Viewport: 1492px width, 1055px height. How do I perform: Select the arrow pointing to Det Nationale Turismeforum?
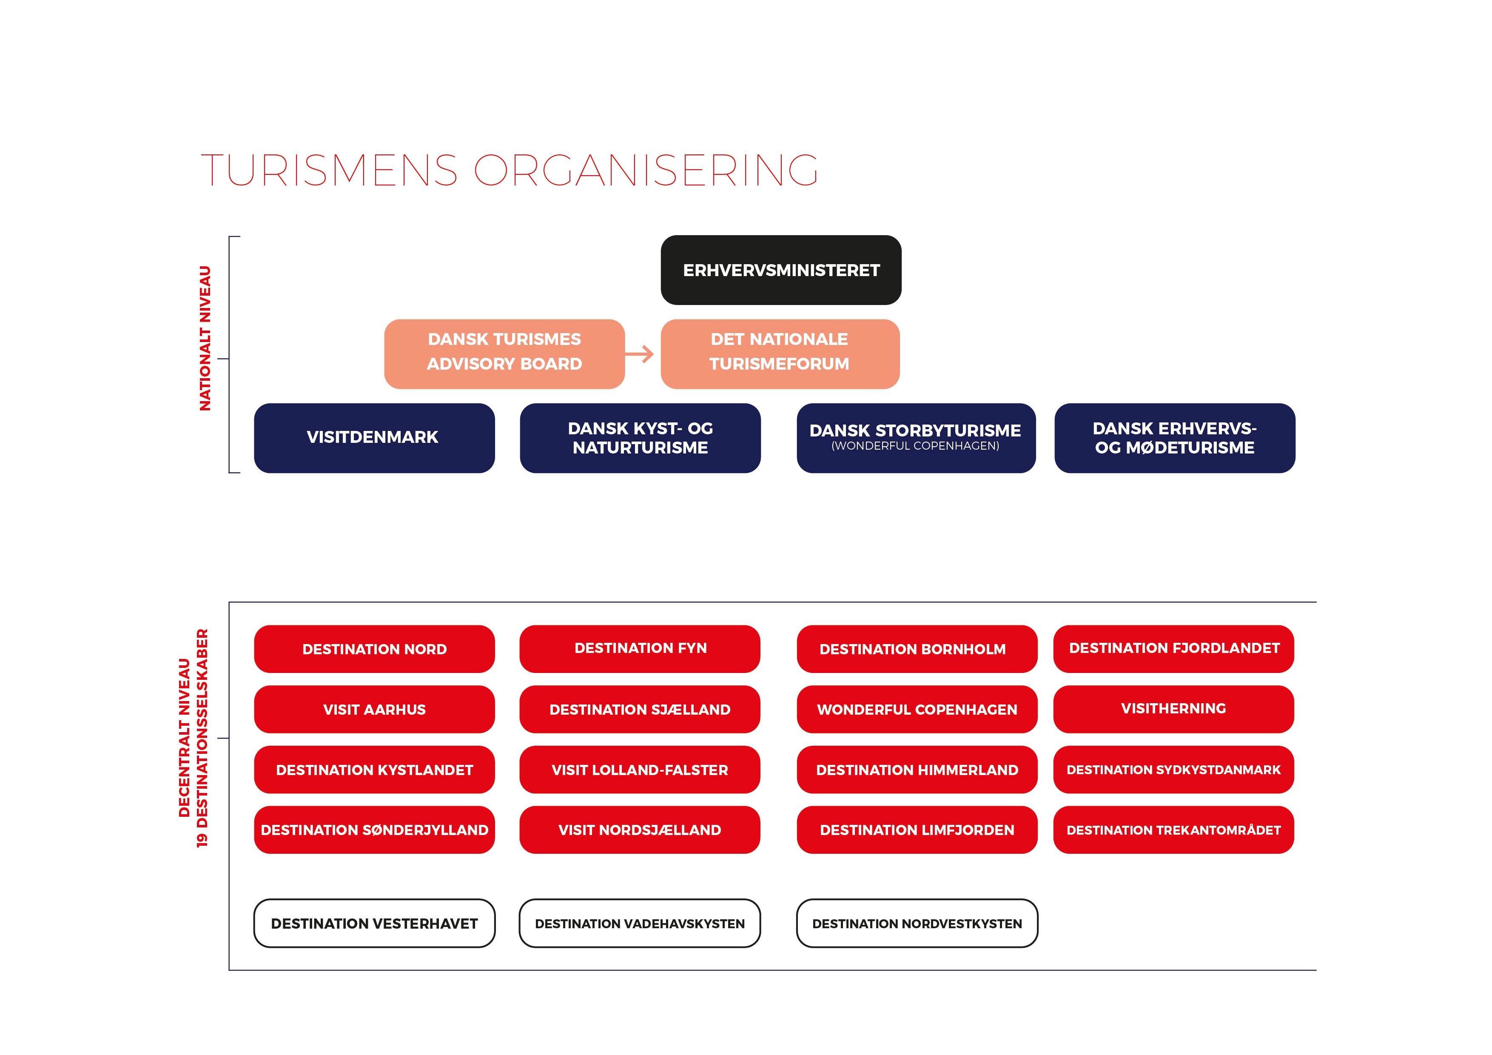coord(639,354)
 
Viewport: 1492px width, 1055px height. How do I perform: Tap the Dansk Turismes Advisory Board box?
coord(504,354)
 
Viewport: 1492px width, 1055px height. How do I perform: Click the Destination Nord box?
coord(374,649)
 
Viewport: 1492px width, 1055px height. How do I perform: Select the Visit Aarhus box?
coord(374,709)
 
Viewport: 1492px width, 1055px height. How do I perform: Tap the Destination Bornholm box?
coord(917,649)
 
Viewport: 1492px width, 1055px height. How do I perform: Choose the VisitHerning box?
coord(1173,709)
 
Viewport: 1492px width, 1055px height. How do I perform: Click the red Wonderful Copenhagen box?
coord(917,709)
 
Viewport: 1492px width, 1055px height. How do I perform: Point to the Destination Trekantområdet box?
coord(1173,830)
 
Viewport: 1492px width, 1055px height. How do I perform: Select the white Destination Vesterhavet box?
coord(374,923)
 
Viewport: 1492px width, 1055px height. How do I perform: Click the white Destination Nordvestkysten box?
coord(917,923)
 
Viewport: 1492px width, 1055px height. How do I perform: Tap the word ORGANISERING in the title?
coord(646,170)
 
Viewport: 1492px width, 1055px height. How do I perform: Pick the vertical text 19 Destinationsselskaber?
coord(202,738)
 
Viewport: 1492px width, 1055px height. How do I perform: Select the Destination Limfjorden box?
coord(917,830)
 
